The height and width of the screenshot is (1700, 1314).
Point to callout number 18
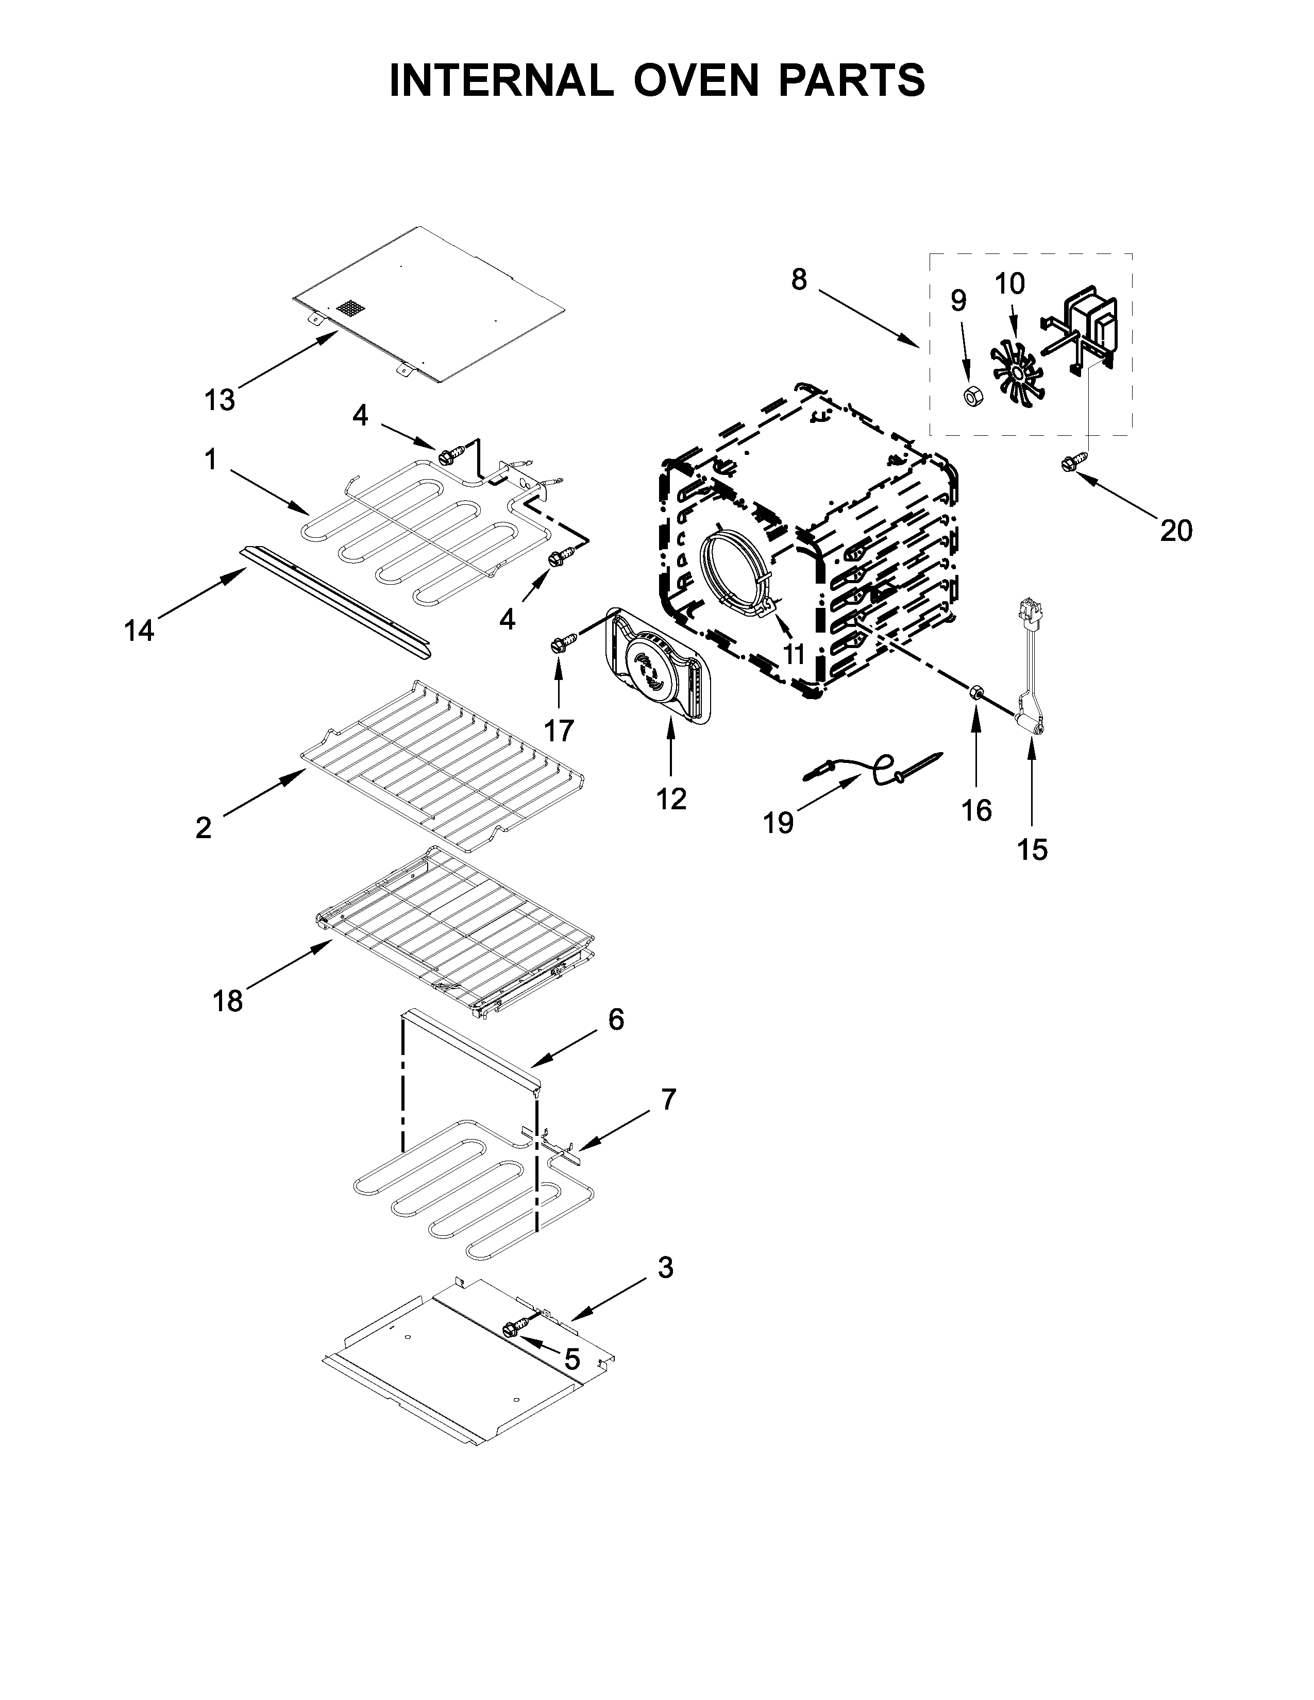pos(227,1001)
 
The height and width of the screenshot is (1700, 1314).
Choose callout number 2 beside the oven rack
pos(203,827)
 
